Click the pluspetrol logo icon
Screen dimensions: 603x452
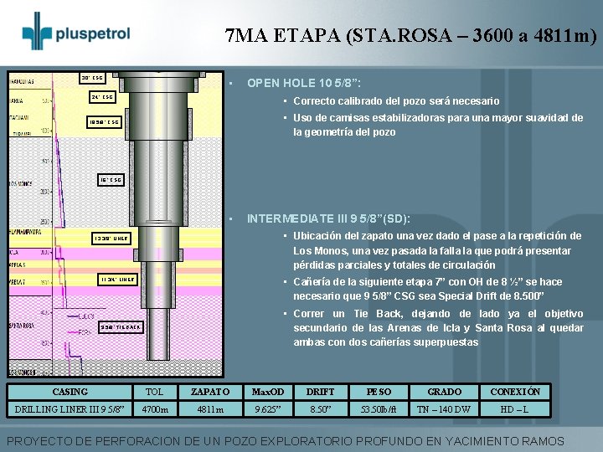[37, 32]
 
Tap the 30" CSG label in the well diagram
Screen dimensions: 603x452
[92, 79]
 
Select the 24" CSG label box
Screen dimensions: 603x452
[101, 97]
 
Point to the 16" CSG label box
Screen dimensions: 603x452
[111, 179]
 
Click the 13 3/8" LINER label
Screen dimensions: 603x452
[111, 238]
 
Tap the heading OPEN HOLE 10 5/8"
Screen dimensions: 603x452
[303, 83]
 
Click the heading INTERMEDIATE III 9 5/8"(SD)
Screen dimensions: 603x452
[327, 218]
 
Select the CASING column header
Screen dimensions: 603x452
[70, 391]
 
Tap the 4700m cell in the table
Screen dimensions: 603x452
[155, 410]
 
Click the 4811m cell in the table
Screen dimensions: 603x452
[209, 410]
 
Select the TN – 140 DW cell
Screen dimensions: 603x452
[444, 410]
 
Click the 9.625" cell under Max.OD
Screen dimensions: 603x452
[268, 410]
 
